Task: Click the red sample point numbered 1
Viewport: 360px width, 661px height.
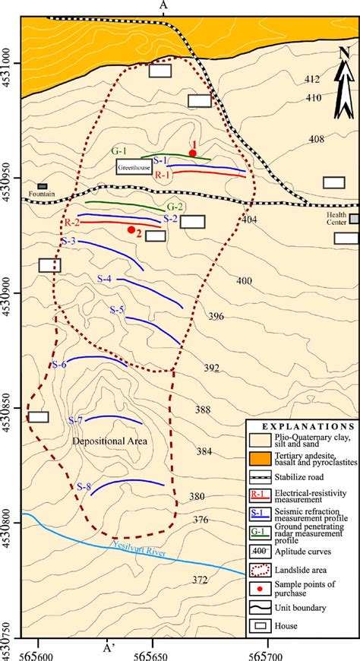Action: tap(193, 153)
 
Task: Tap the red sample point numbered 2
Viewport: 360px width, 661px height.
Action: tap(131, 229)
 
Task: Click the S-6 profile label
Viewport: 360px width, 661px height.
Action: tap(60, 365)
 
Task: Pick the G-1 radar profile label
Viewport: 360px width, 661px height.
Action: tap(119, 151)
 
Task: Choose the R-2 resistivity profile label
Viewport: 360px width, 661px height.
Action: tap(71, 222)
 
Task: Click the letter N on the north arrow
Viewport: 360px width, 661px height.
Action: tap(344, 52)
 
